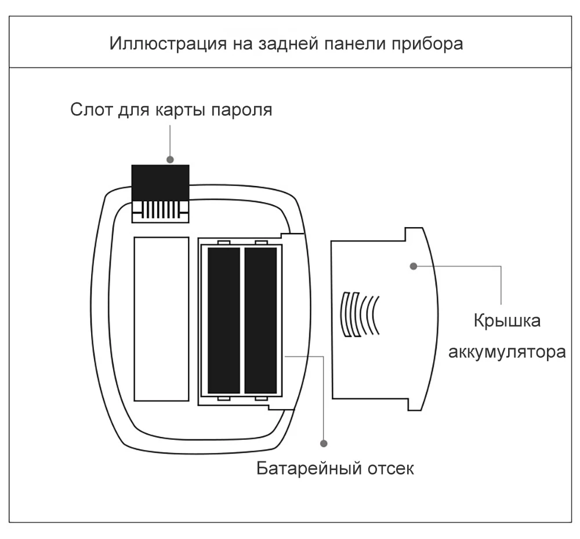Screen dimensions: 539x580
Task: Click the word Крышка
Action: point(507,321)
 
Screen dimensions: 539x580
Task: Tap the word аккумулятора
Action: point(507,352)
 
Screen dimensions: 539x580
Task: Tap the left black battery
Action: point(223,320)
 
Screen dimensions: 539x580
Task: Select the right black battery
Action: point(260,320)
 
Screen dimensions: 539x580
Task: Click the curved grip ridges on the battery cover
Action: point(360,313)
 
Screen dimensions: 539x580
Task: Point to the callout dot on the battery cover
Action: point(414,266)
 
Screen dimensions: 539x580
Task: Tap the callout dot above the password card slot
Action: point(170,159)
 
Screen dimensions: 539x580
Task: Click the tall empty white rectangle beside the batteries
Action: point(161,319)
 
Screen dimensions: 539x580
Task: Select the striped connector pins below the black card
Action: point(160,209)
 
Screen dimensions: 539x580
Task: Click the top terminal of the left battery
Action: point(224,243)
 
